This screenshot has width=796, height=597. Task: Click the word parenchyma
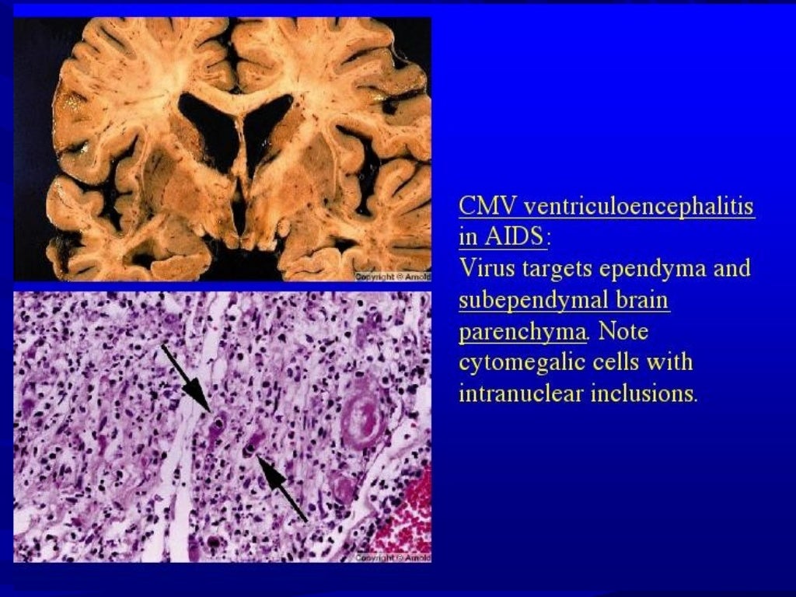click(522, 332)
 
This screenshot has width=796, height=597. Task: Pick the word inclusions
click(643, 393)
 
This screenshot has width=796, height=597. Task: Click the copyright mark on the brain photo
click(392, 277)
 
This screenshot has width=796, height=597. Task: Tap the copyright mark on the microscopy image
click(392, 557)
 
